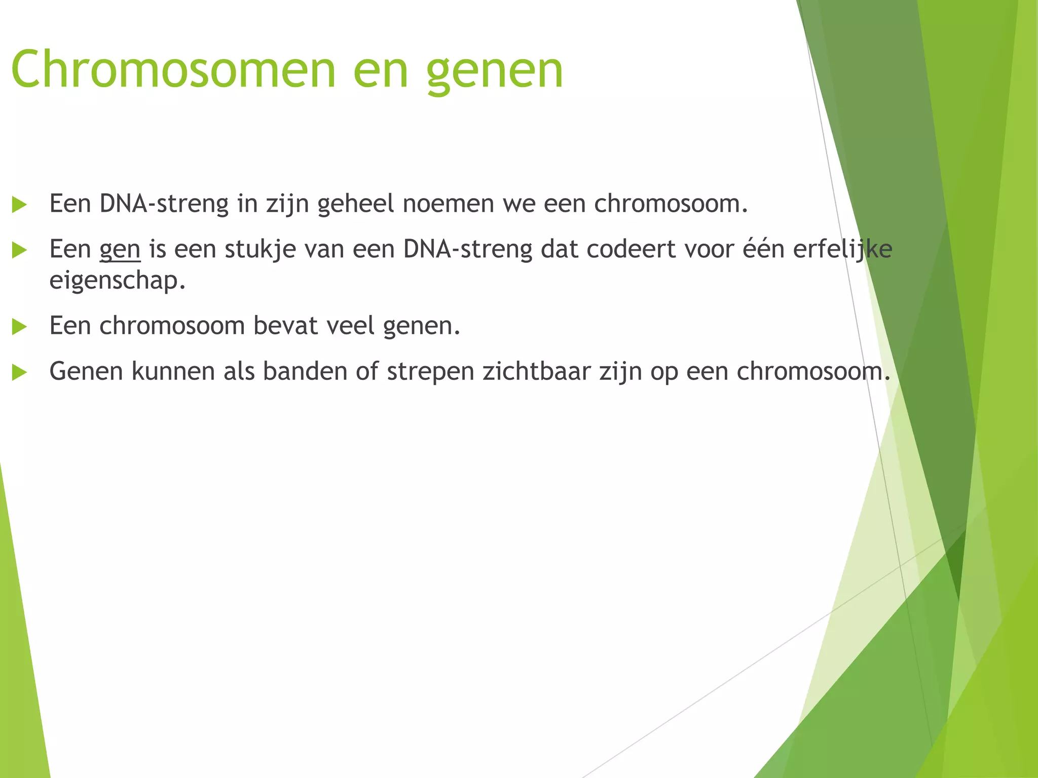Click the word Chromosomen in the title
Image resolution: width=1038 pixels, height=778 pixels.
pos(173,69)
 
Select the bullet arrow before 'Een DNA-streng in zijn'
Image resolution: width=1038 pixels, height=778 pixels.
pos(19,205)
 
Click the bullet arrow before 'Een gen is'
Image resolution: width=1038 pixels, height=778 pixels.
pos(19,250)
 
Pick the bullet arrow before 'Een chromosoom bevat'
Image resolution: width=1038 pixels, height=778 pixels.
pos(19,327)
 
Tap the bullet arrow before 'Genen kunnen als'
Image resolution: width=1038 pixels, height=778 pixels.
pos(19,372)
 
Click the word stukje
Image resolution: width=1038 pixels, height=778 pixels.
pos(260,249)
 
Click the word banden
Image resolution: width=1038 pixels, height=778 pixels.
pos(305,371)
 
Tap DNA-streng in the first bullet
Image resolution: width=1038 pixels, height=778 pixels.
pos(164,205)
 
